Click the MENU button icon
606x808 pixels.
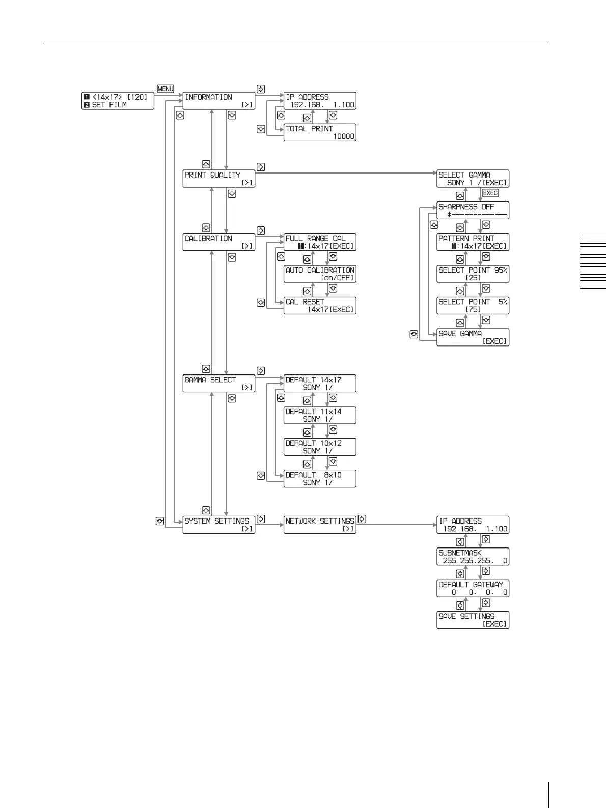[x=166, y=89]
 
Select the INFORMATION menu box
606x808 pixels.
[x=218, y=101]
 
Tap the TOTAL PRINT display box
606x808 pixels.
[x=320, y=132]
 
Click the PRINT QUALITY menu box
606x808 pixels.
[x=218, y=179]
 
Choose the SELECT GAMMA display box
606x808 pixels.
[x=473, y=179]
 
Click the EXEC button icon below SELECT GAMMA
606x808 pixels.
[x=490, y=193]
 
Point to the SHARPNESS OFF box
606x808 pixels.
[x=473, y=210]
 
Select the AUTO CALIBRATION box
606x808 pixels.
[x=320, y=274]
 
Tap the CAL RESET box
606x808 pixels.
[x=320, y=306]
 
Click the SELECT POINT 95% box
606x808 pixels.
[x=473, y=274]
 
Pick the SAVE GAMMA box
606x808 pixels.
[x=473, y=337]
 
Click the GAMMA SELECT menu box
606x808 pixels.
[x=218, y=384]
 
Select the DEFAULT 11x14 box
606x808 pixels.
[x=320, y=415]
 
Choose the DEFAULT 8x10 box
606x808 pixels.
[x=320, y=479]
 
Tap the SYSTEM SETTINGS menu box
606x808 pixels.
[x=218, y=525]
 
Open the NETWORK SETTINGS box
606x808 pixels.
[x=320, y=525]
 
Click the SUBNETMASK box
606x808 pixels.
[x=473, y=557]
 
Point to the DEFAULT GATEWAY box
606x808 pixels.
[x=473, y=588]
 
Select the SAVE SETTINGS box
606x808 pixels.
[x=473, y=620]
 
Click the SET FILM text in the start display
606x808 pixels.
[x=109, y=105]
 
